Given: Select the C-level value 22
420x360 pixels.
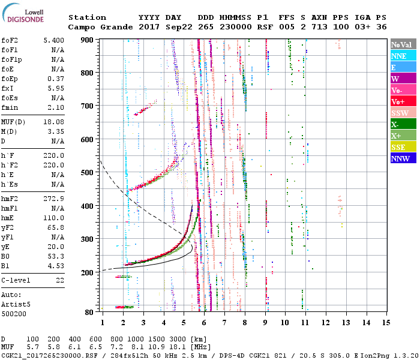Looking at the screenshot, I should click(60, 280).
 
